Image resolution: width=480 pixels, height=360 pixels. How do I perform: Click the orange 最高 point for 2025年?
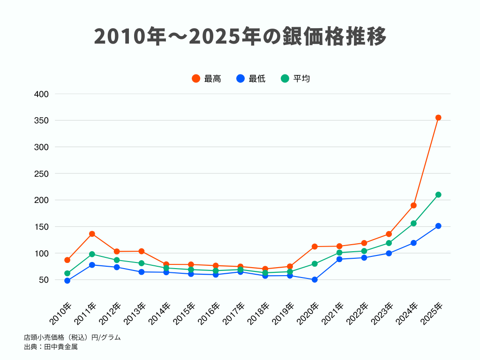(x=438, y=118)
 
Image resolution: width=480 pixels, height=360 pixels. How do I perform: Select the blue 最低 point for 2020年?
(x=315, y=280)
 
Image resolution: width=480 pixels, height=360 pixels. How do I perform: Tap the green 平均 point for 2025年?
(x=438, y=195)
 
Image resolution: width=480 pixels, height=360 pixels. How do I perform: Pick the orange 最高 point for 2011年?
(x=92, y=234)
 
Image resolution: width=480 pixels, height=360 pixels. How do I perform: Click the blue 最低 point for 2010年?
(x=67, y=281)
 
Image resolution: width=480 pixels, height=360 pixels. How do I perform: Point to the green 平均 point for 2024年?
(x=413, y=223)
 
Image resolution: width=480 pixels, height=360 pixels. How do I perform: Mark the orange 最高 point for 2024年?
(x=413, y=205)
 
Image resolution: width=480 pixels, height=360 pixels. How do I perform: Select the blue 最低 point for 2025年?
(x=438, y=226)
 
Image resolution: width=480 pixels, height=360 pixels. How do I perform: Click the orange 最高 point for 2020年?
(x=315, y=247)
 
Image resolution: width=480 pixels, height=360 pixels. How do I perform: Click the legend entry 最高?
(x=206, y=79)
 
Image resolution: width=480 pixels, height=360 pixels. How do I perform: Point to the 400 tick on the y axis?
(x=42, y=94)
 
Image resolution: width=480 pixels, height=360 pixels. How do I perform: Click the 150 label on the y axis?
(x=42, y=227)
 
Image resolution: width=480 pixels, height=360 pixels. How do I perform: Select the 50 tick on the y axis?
(x=44, y=280)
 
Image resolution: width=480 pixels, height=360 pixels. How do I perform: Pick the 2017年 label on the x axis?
(x=234, y=313)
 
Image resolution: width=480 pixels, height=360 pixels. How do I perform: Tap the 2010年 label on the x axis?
(x=61, y=313)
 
